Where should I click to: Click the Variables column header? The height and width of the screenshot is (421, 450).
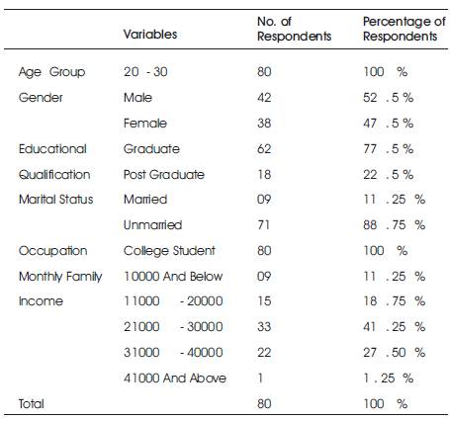(150, 34)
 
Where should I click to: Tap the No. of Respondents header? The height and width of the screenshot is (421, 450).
(294, 29)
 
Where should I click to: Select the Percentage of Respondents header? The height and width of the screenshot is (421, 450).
(405, 29)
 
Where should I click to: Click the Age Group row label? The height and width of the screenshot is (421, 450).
(51, 72)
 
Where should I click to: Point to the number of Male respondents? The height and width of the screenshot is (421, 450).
(264, 98)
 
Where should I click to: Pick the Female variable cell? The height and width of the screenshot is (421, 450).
(145, 124)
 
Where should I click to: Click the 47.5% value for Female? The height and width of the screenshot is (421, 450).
(388, 124)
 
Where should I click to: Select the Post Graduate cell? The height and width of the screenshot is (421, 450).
(164, 174)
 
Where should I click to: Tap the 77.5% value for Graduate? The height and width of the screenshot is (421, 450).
(388, 149)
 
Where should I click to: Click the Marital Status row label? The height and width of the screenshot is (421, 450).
(56, 200)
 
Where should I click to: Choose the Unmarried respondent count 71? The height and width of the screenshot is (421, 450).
(263, 225)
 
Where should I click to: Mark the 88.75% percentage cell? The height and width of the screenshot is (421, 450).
(394, 225)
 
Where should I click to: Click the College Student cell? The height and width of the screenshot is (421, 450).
(169, 251)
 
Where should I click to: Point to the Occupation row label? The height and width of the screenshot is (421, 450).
(53, 251)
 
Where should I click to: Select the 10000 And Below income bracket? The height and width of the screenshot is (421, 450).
(173, 276)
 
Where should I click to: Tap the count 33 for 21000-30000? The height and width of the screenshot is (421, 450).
(264, 327)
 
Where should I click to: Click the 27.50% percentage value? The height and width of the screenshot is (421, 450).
(394, 353)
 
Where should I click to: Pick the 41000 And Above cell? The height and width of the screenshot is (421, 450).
(175, 378)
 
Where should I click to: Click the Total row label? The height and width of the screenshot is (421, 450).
(32, 404)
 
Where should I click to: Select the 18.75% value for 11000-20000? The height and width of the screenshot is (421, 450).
(394, 301)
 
